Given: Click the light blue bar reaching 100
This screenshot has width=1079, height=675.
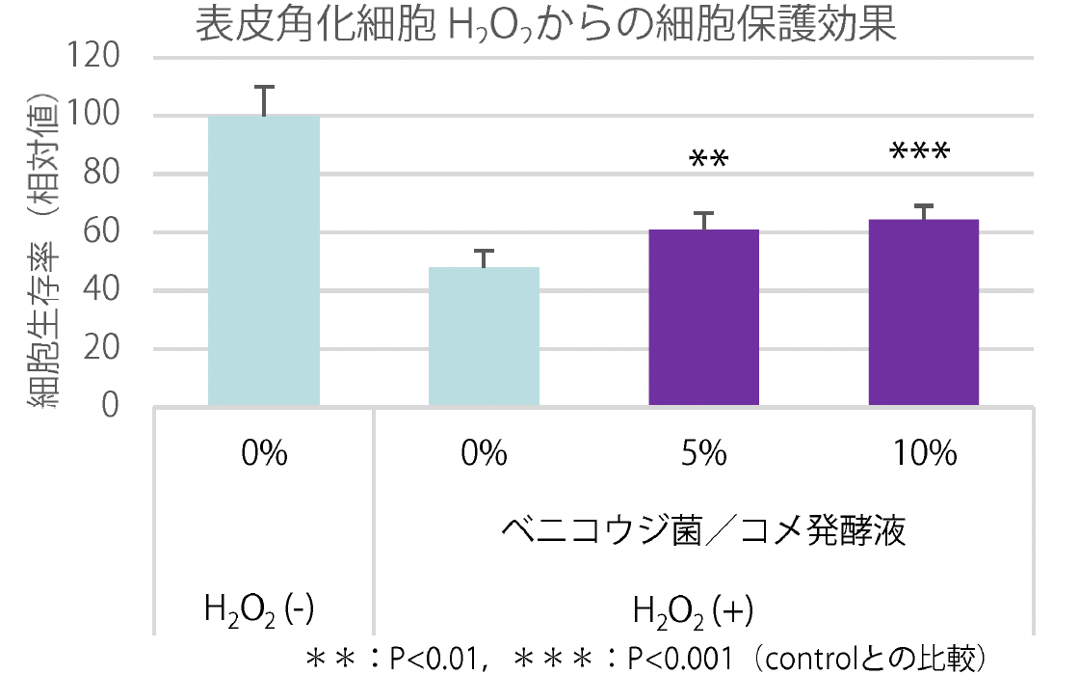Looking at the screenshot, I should point(264,260).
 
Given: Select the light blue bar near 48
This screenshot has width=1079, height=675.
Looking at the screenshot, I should point(484,337).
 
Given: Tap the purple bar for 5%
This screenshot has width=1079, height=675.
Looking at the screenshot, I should point(703,317).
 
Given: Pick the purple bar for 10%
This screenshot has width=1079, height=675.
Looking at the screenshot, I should point(923,312).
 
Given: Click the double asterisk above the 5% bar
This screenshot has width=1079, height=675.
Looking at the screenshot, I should point(709,158).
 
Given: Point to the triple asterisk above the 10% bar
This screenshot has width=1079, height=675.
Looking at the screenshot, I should point(919,152).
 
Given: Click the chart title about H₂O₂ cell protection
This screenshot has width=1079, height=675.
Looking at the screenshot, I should point(545,25).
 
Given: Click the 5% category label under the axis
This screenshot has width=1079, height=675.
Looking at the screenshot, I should point(703,454).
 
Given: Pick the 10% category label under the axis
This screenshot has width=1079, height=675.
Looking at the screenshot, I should point(923,454).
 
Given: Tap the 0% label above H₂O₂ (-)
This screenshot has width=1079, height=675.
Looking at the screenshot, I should point(264,454).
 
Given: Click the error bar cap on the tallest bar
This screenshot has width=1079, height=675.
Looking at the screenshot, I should point(264,87).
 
